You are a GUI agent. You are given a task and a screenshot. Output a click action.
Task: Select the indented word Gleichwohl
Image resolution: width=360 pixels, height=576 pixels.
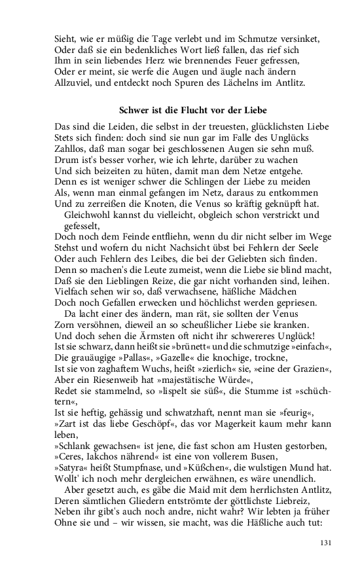[90, 215]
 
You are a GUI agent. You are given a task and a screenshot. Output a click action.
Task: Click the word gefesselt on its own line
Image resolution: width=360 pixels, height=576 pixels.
[83, 225]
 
